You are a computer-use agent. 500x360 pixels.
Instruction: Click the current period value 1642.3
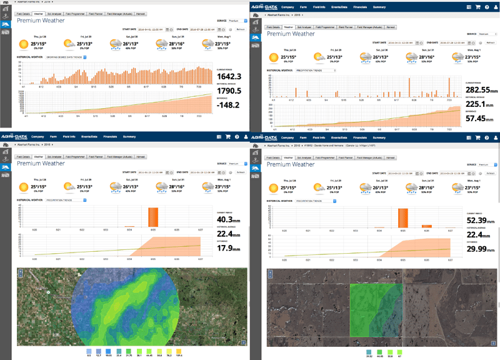tap(229, 76)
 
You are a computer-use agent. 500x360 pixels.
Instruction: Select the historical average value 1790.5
tap(229, 91)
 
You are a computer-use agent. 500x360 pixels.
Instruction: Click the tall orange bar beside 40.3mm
tap(153, 217)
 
